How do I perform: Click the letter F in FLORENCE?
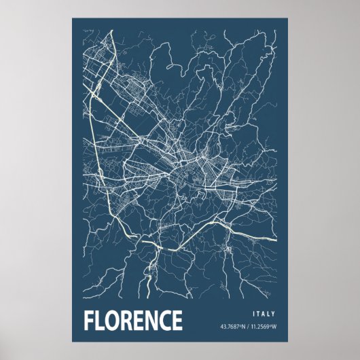88,320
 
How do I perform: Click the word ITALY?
264,313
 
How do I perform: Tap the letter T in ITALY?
258,313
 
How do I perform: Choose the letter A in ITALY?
264,313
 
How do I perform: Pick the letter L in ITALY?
269,313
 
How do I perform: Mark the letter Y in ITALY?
274,313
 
